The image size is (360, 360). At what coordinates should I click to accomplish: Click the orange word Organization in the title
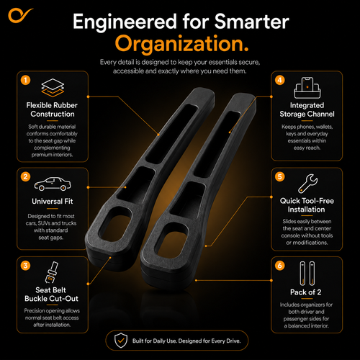click(181, 44)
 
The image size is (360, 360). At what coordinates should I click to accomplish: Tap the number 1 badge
click(25, 80)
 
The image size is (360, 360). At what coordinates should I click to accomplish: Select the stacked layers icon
click(53, 88)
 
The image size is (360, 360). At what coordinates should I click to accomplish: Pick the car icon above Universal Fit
click(53, 184)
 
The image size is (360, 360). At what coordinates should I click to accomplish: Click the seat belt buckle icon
click(52, 272)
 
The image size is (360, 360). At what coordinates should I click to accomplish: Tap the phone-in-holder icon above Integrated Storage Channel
click(307, 88)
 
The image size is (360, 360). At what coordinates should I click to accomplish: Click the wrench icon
click(308, 184)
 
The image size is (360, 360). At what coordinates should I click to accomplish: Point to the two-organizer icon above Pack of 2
click(307, 274)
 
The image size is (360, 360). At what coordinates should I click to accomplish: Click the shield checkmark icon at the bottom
click(121, 341)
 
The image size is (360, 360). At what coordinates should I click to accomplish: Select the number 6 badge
click(280, 266)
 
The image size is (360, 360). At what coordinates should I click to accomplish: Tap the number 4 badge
click(280, 80)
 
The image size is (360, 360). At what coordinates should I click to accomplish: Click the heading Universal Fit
click(53, 201)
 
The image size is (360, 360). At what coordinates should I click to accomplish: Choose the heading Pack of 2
click(306, 292)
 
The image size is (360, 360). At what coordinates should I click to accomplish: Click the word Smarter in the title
click(252, 22)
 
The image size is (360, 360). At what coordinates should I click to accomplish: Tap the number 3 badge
click(25, 266)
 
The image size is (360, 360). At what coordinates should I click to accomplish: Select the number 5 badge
click(280, 176)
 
